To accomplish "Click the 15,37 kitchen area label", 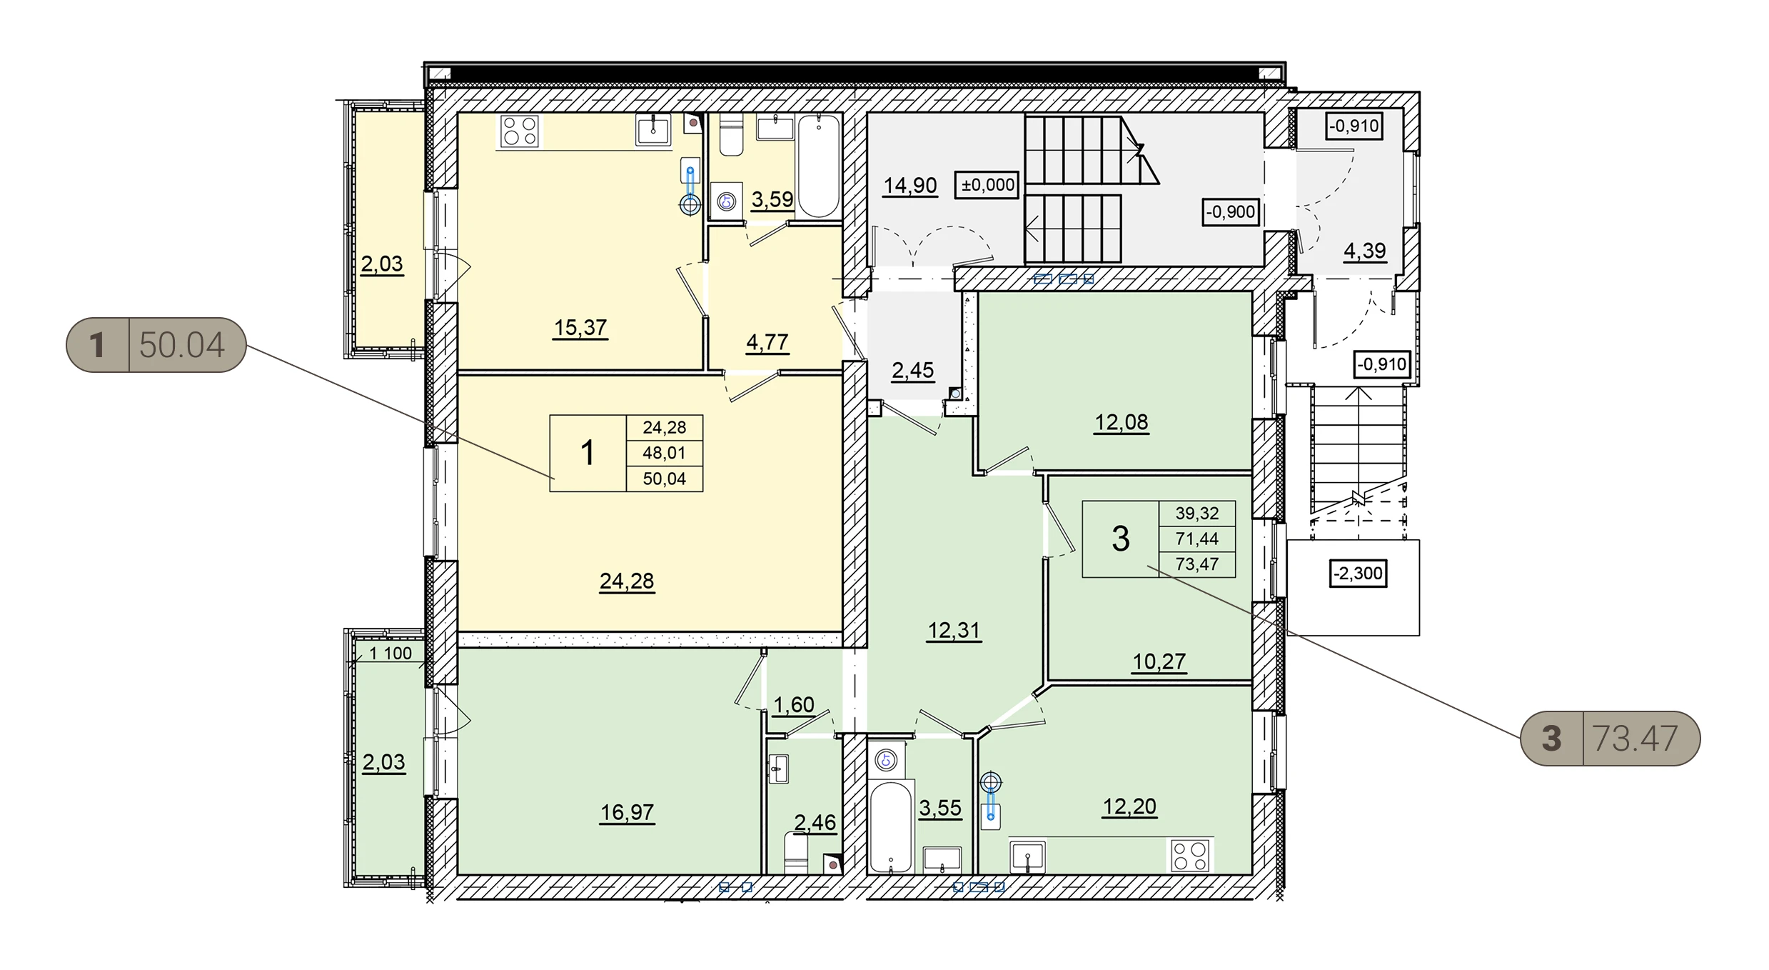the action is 580,328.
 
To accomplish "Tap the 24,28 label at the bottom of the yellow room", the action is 626,581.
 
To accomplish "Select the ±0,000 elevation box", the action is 987,185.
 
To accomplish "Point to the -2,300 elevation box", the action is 1358,574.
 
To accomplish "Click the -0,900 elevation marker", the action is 1230,211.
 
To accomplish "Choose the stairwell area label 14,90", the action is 909,186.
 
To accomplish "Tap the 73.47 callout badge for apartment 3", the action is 1610,739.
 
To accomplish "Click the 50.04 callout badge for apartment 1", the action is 156,345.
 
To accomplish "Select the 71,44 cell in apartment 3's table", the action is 1197,539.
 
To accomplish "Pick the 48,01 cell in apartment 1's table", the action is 664,453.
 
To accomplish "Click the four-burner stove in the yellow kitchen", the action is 519,131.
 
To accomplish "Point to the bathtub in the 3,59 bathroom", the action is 818,166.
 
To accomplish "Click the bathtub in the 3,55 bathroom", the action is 890,827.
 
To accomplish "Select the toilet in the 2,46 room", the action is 795,854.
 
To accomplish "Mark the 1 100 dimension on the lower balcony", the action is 390,654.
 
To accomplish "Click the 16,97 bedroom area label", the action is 627,812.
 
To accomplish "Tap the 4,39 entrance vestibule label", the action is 1364,251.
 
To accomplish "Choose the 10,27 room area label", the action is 1159,662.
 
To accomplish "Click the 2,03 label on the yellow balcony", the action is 382,264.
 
